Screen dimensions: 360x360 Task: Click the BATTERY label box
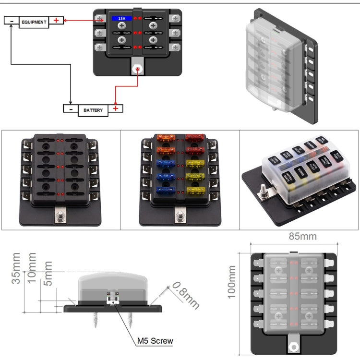pyautogui.click(x=93, y=110)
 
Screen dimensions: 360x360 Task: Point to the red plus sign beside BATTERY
pyautogui.click(x=116, y=108)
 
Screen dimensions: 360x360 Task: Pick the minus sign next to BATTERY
pyautogui.click(x=70, y=109)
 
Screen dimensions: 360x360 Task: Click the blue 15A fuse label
pyautogui.click(x=122, y=19)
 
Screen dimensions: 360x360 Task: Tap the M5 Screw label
pyautogui.click(x=155, y=341)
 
